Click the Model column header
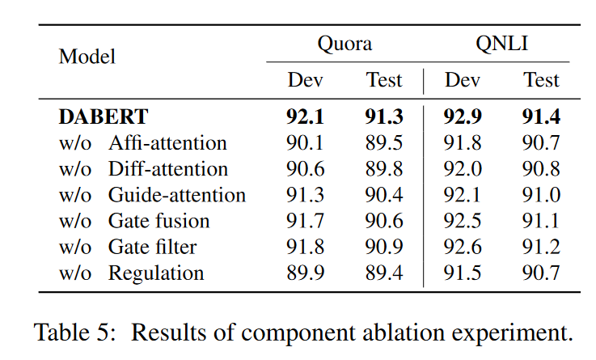[x=87, y=57]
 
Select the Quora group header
[x=344, y=43]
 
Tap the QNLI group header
[x=501, y=43]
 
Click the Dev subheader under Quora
[x=305, y=81]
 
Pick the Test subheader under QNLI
[x=541, y=81]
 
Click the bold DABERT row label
[x=104, y=117]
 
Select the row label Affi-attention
[x=167, y=143]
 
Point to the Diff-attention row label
[x=168, y=169]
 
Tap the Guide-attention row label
[x=177, y=195]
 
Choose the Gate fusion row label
[x=159, y=221]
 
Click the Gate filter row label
[x=153, y=247]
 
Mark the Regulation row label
[x=156, y=273]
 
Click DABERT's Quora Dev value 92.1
[x=305, y=117]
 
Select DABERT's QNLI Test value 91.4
[x=541, y=117]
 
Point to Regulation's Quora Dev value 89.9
[x=305, y=273]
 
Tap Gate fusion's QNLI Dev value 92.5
[x=463, y=221]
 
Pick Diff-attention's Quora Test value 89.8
[x=384, y=169]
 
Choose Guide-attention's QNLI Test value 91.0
[x=541, y=195]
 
